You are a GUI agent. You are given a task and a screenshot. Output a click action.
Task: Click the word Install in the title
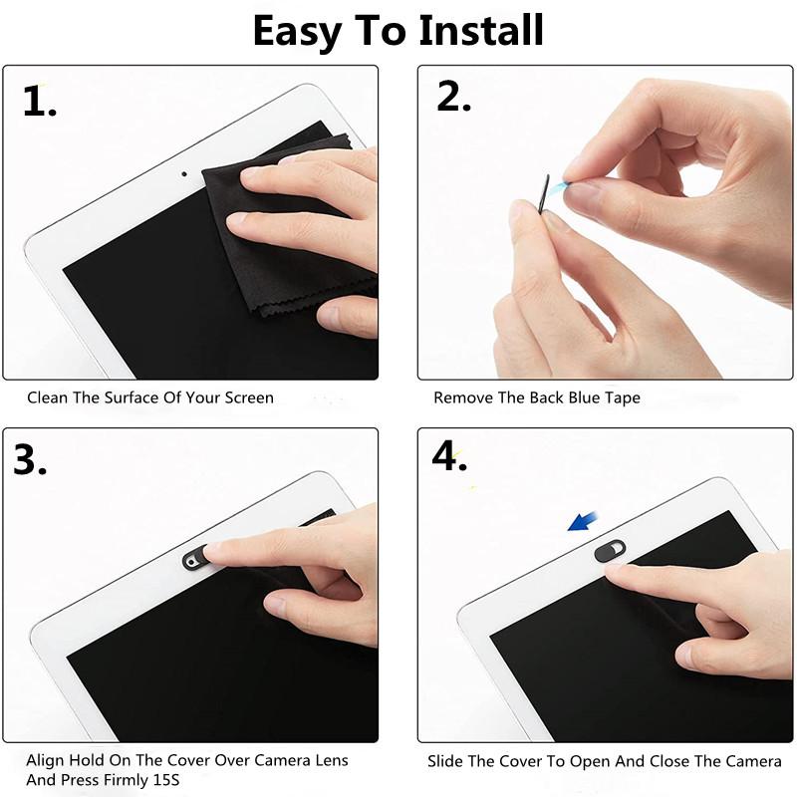[x=480, y=30]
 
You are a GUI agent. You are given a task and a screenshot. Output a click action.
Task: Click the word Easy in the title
[x=296, y=30]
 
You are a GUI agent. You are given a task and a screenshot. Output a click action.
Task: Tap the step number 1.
[x=39, y=102]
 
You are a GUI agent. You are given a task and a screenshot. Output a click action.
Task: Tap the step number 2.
[x=453, y=97]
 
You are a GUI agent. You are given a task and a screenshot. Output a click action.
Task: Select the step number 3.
[x=30, y=459]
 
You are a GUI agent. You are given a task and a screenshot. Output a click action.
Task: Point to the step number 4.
[x=449, y=455]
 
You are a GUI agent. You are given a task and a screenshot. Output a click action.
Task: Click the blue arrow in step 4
[x=583, y=520]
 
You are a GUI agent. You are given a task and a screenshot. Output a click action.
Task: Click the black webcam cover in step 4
[x=610, y=550]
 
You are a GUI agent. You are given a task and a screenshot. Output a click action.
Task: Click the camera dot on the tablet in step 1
[x=184, y=172]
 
